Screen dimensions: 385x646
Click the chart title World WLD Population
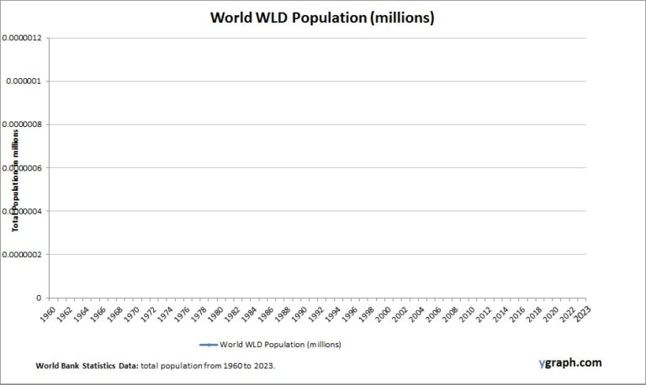(x=322, y=18)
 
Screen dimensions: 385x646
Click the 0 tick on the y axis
(x=38, y=298)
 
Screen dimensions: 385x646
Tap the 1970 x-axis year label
(x=130, y=313)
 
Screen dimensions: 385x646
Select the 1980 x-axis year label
(x=214, y=313)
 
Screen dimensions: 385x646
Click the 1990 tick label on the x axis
(x=299, y=313)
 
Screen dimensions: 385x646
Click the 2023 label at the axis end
(x=581, y=313)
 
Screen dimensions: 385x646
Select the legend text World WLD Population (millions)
(x=280, y=345)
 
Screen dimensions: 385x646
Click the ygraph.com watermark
(x=570, y=363)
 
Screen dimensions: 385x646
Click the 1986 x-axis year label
(x=265, y=313)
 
